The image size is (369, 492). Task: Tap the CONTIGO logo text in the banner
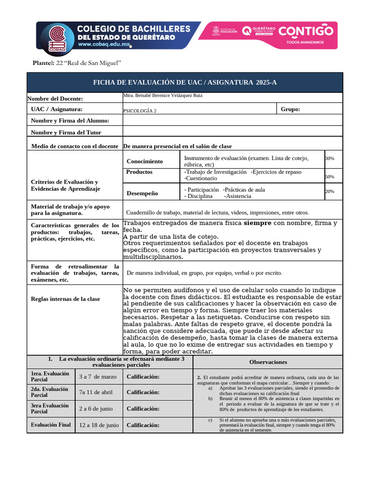tap(306, 31)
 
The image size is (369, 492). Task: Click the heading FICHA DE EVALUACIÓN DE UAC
tap(184, 83)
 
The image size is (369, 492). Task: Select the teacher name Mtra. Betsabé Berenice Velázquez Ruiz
tap(163, 96)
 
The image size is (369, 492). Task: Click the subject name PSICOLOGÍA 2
tap(140, 111)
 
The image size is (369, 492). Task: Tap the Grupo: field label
tap(290, 109)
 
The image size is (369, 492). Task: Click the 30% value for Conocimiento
tap(330, 159)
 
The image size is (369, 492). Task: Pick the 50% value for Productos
tap(330, 177)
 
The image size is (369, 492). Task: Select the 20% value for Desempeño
tap(330, 191)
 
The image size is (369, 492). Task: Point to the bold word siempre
tap(258, 223)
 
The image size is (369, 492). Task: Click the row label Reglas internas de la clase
tap(65, 299)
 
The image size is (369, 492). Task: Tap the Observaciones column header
tap(268, 362)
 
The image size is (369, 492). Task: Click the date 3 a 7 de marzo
tap(98, 376)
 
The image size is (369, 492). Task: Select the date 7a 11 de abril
tap(96, 392)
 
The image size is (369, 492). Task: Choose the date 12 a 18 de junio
tap(99, 425)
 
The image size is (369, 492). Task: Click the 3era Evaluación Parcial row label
tap(50, 408)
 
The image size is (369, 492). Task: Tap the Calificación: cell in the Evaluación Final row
tap(143, 425)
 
